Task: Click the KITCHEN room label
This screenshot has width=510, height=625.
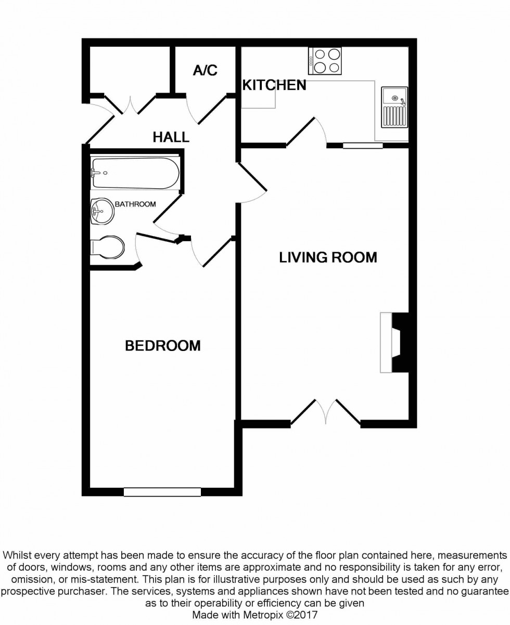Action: [x=274, y=85]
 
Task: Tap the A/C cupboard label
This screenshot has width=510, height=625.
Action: [x=205, y=71]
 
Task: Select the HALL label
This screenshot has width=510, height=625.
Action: [x=171, y=137]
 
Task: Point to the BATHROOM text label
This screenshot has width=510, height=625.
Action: [x=135, y=204]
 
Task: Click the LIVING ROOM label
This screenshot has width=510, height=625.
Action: [x=328, y=257]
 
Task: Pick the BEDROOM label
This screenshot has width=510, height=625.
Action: [x=163, y=346]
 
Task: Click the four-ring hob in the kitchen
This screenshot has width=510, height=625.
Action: [x=325, y=61]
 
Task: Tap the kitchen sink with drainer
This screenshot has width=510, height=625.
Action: [x=394, y=108]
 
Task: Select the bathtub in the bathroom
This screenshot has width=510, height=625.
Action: [x=135, y=173]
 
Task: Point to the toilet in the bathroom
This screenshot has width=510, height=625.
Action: [x=108, y=247]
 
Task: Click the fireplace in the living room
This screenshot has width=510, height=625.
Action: [x=394, y=342]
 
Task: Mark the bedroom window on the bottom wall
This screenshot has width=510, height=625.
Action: [x=162, y=491]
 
